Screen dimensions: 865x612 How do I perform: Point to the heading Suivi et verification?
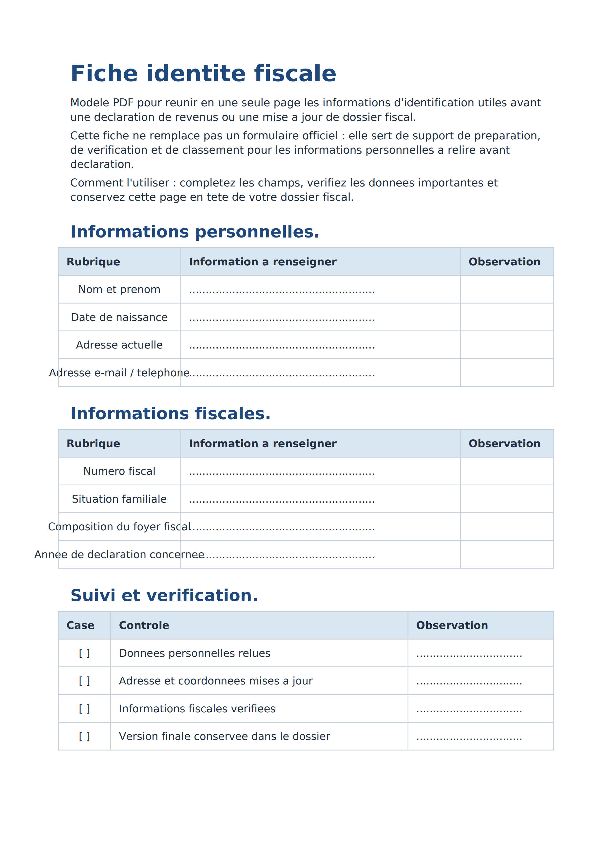pos(164,596)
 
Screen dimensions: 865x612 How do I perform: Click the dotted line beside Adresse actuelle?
pos(282,346)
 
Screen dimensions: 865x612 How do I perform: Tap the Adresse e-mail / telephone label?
pos(119,373)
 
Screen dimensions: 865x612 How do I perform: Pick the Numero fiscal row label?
pos(119,471)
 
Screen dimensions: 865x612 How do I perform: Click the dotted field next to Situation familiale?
pos(282,500)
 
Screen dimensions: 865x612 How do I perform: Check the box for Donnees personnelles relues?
pos(84,653)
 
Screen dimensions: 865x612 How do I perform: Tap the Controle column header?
pos(144,626)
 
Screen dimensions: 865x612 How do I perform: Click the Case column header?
pos(80,626)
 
